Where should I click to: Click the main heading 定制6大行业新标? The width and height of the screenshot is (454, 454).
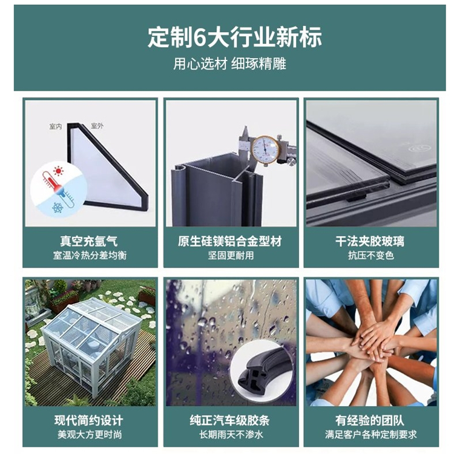234,37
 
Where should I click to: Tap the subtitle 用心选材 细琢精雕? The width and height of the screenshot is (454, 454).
229,64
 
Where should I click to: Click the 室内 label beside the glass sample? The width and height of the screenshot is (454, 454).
56,127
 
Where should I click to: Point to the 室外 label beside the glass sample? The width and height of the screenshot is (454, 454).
97,126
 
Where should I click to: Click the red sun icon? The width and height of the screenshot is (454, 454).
59,171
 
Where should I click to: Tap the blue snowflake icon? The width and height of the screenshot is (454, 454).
58,207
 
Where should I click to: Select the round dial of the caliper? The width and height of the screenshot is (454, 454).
265,150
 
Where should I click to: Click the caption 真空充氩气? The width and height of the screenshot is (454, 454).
89,241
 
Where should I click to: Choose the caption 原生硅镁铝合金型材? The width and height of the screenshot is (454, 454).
230,241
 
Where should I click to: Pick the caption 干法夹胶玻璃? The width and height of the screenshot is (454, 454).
370,241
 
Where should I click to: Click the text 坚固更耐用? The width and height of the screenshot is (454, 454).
231,255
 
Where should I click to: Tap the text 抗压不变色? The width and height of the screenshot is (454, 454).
371,255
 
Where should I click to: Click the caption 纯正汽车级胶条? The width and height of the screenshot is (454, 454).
230,421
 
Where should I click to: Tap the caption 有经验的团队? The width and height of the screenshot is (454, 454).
370,421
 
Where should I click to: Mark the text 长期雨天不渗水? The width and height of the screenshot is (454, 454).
231,435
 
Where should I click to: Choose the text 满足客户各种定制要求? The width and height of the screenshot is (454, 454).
371,435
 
